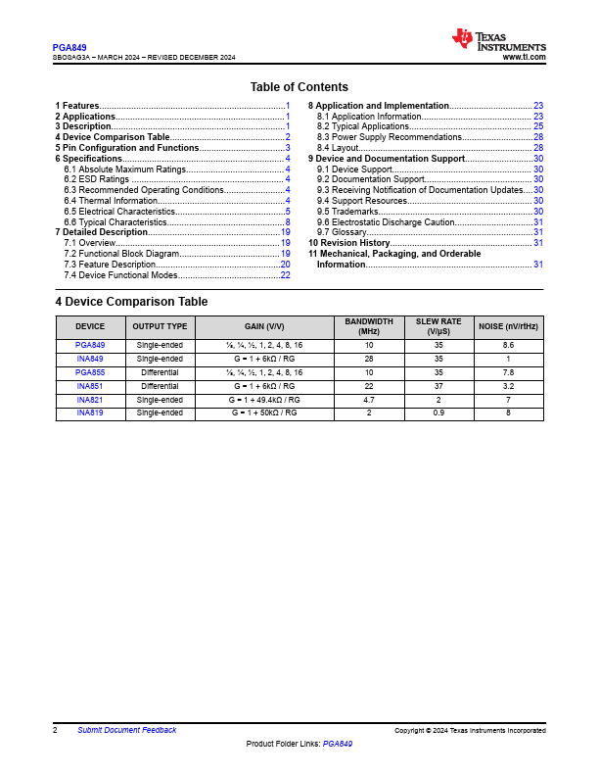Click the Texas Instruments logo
[x=498, y=39]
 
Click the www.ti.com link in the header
[x=524, y=58]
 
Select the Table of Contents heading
[x=299, y=87]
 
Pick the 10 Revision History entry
[x=349, y=243]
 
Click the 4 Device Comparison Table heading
[x=131, y=302]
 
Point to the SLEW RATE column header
[x=438, y=326]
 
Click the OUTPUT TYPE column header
[x=160, y=326]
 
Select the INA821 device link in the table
[x=90, y=400]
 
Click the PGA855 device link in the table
[x=90, y=372]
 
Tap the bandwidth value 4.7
[x=369, y=400]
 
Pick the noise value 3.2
[x=508, y=386]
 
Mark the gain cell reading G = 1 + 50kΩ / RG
[x=264, y=413]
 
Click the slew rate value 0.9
[x=438, y=413]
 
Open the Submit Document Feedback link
[x=127, y=730]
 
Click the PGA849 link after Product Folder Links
[x=338, y=745]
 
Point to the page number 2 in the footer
[x=55, y=730]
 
